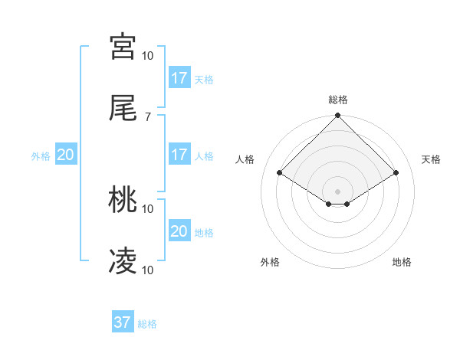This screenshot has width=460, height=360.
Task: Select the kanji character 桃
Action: [x=123, y=200]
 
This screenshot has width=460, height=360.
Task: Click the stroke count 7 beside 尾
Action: [x=148, y=116]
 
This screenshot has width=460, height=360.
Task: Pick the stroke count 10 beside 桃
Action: [x=148, y=208]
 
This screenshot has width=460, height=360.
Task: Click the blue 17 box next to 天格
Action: [x=179, y=77]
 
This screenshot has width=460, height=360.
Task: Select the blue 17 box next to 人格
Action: [x=179, y=155]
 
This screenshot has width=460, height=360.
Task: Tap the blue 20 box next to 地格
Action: [x=179, y=231]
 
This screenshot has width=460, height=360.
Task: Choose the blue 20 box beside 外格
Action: [x=66, y=155]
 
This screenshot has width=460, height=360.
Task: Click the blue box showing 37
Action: [x=123, y=322]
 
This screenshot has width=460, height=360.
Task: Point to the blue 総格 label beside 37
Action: [x=147, y=324]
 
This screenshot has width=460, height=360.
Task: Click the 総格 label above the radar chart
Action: [x=338, y=100]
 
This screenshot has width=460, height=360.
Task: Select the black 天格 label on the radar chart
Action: [x=432, y=159]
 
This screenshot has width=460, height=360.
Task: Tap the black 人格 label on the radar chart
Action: [x=245, y=159]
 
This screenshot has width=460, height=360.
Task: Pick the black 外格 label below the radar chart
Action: [x=270, y=262]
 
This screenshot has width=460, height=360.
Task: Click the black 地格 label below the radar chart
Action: [x=402, y=262]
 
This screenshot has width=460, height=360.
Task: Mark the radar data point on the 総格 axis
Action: [x=338, y=117]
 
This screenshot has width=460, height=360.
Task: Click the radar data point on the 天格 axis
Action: [x=396, y=173]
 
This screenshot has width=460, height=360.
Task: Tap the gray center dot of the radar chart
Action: [x=338, y=191]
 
